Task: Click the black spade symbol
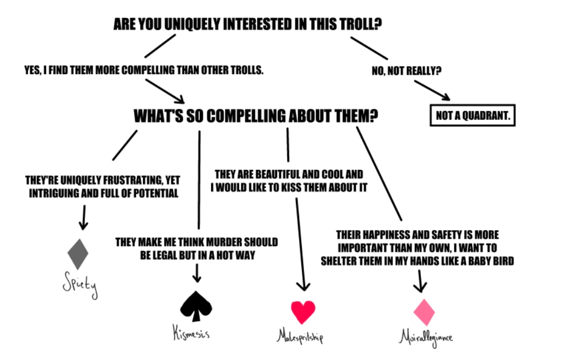(x=196, y=306)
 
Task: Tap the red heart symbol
(x=303, y=311)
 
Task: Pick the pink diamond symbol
(x=424, y=312)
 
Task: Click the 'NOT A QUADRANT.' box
(x=472, y=115)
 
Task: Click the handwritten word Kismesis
(x=191, y=332)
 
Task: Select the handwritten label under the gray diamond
(x=80, y=285)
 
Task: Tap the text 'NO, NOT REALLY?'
(x=405, y=71)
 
